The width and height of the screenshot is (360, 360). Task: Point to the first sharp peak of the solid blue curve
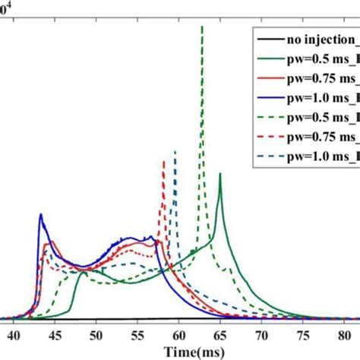pyautogui.click(x=40, y=215)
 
